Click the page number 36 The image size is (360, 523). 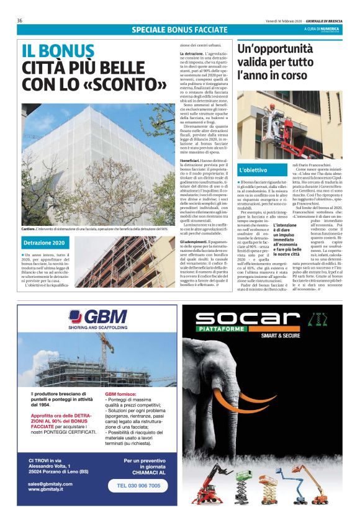20,20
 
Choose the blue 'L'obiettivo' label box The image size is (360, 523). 253,169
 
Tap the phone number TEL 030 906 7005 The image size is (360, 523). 138,486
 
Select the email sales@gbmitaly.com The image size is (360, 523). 54,483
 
